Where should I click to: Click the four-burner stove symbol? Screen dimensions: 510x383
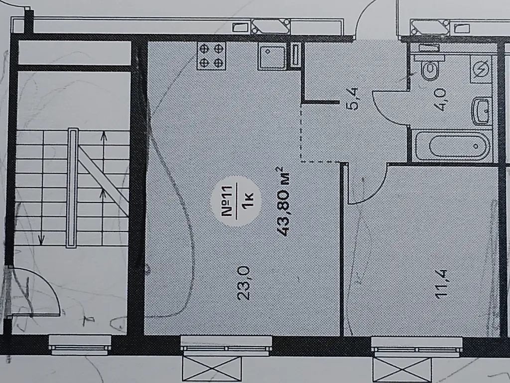point(211,56)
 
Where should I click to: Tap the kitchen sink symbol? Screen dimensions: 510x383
point(272,56)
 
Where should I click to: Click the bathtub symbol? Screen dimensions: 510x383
point(452,146)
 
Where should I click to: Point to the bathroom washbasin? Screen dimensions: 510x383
point(482,111)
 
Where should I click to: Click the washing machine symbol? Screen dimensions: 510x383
point(481,69)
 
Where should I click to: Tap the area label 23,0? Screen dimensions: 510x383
point(244,283)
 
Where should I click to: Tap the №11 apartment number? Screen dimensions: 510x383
point(228,201)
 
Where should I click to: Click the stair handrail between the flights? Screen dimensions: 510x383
point(72,188)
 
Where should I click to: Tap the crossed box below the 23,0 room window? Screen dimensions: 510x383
point(212,370)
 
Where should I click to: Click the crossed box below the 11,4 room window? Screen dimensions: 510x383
point(402,370)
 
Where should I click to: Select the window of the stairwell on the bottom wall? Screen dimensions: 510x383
point(80,345)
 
